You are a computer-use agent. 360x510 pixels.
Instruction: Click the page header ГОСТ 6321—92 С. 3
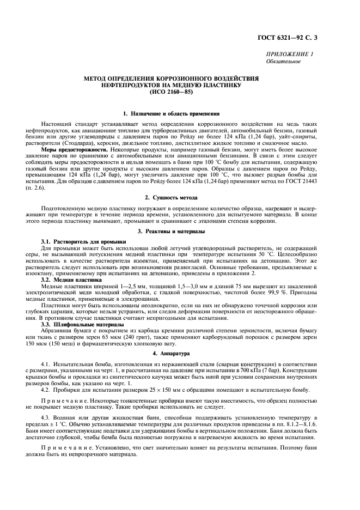pyautogui.click(x=312, y=38)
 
